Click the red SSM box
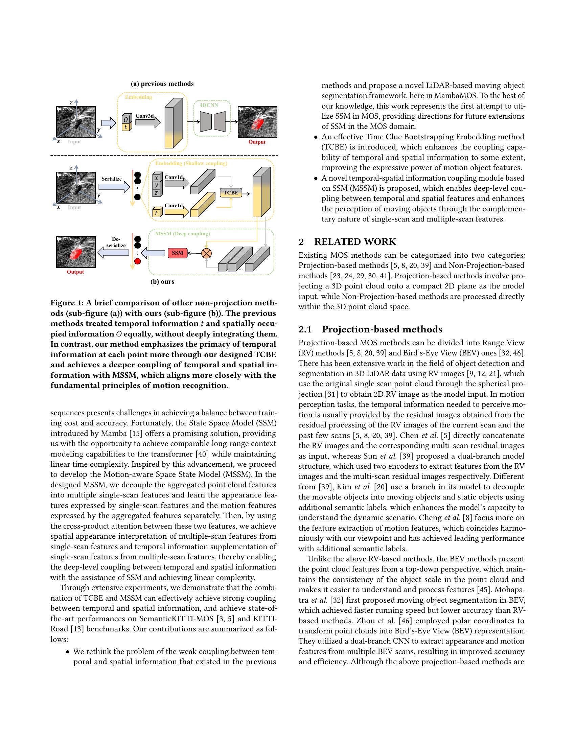[x=178, y=253]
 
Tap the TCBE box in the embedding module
[x=231, y=192]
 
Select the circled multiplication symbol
[x=206, y=253]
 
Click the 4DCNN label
[x=209, y=105]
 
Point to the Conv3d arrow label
[x=145, y=116]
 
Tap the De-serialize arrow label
[x=116, y=242]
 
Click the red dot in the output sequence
[x=138, y=262]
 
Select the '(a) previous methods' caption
[x=162, y=84]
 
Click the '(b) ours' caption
[x=162, y=282]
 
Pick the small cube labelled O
[x=126, y=120]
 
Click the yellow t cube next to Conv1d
[x=156, y=213]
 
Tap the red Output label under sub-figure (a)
[x=257, y=142]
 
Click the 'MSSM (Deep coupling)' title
[x=182, y=234]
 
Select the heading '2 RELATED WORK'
[x=347, y=241]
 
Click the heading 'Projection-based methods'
[x=382, y=329]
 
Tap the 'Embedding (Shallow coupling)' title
[x=191, y=163]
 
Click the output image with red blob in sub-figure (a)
[x=257, y=122]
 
